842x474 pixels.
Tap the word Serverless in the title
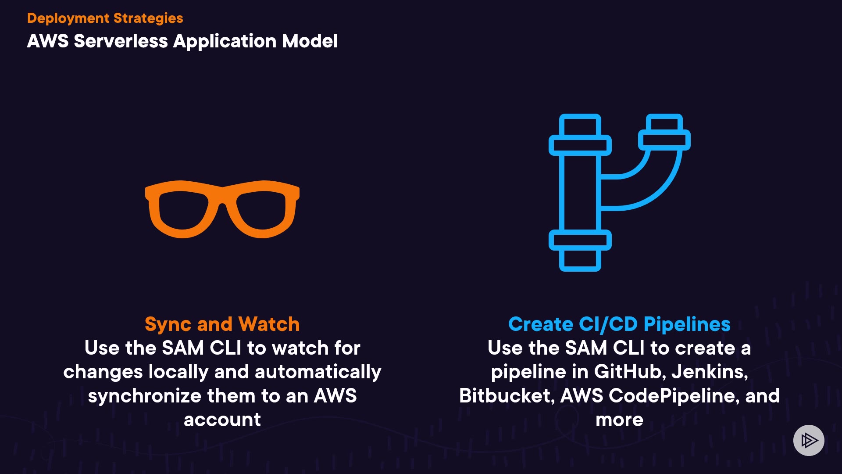tap(121, 41)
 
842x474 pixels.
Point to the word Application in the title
tap(225, 41)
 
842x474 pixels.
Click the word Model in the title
tap(310, 41)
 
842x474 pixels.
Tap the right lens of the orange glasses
tap(261, 210)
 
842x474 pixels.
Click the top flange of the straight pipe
tap(580, 145)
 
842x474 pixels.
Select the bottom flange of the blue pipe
tap(580, 240)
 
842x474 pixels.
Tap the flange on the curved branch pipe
tap(664, 140)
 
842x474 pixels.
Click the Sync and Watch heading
tap(222, 324)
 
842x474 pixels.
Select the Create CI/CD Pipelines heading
tap(619, 324)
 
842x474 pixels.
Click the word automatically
tap(318, 372)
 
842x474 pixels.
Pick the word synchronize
tap(144, 396)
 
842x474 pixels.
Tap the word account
tap(222, 420)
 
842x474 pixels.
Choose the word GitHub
tap(630, 372)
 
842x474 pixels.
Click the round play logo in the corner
tap(809, 440)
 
